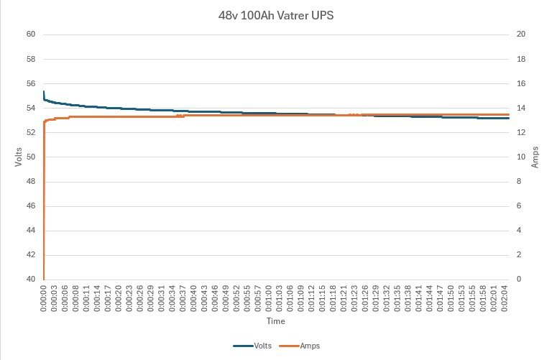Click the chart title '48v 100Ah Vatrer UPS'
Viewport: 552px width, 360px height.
276,15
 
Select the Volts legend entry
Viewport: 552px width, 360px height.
253,346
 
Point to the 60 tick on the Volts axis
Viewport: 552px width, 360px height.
31,34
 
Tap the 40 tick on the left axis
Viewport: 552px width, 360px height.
31,280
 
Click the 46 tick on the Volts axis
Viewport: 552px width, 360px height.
31,206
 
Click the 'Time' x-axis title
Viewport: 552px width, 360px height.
276,320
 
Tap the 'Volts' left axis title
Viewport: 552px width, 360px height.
19,157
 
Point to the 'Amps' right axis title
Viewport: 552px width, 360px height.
535,157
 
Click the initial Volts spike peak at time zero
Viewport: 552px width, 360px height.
44,92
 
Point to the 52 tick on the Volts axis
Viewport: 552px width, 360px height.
31,132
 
